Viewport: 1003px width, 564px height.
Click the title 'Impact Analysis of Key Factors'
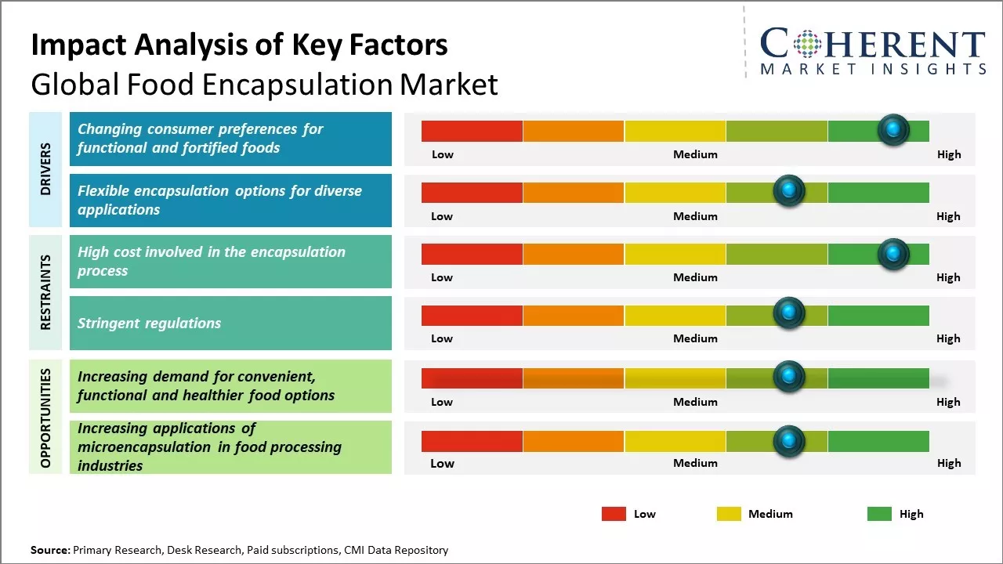click(239, 45)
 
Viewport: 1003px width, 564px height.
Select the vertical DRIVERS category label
click(45, 169)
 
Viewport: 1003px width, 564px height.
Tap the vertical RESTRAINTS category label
click(45, 292)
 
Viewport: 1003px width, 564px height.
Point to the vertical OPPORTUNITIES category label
click(45, 418)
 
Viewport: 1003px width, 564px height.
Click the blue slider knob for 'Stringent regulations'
click(788, 313)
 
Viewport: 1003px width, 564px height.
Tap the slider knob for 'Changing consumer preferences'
click(893, 129)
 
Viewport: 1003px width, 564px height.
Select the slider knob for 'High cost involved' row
click(893, 254)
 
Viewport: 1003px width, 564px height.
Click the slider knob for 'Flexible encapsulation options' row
click(788, 191)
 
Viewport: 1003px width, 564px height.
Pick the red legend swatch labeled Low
click(614, 514)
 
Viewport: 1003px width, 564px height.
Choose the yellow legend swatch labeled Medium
click(729, 514)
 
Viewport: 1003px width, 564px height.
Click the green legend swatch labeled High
click(879, 514)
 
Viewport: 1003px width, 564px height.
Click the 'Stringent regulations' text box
click(230, 323)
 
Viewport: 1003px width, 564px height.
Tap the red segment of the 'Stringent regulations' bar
click(472, 316)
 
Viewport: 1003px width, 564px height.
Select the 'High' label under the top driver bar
click(948, 154)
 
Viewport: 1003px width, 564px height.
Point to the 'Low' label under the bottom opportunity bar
click(442, 463)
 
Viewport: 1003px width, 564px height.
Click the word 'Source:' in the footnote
click(50, 550)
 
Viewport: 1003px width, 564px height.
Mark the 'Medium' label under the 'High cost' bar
click(695, 277)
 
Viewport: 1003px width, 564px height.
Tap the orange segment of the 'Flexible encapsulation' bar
click(573, 193)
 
